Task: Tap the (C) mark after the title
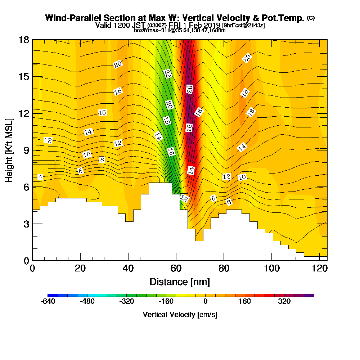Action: click(x=311, y=18)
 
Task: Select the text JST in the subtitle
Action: click(x=139, y=26)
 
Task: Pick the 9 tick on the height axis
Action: click(x=26, y=150)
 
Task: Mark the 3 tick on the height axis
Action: click(x=26, y=224)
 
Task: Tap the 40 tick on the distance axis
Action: click(x=128, y=269)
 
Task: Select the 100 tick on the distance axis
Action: click(x=272, y=269)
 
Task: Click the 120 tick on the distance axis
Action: click(x=320, y=269)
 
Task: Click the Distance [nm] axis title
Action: click(x=180, y=282)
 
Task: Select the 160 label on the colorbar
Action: click(x=245, y=302)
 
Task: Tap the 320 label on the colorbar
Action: click(x=284, y=302)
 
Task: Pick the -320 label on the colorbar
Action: click(x=127, y=302)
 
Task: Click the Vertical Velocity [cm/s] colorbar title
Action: click(x=180, y=315)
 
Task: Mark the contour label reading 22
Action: click(x=167, y=73)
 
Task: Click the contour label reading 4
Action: click(x=40, y=177)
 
